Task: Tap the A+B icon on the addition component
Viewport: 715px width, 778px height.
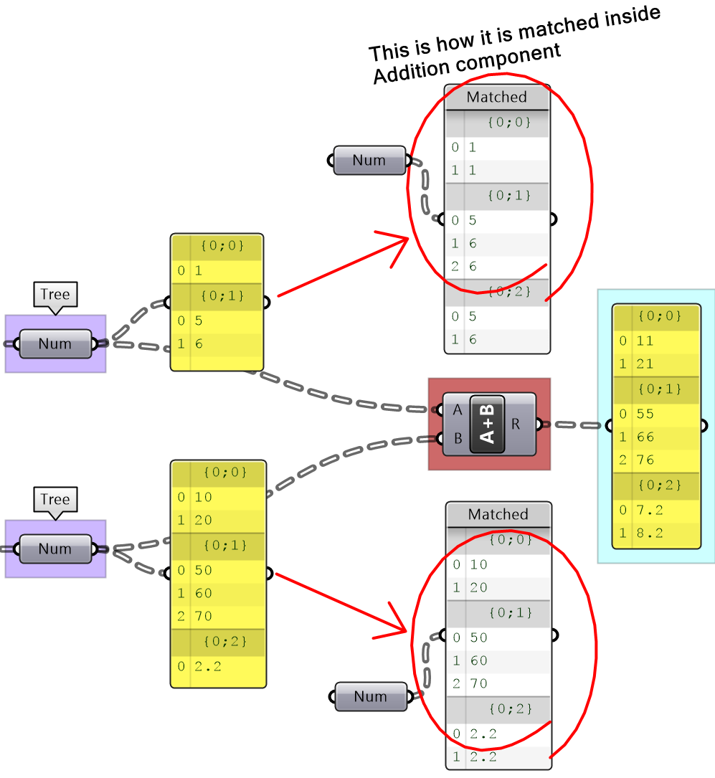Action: (487, 424)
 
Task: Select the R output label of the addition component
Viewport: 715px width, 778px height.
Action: (515, 424)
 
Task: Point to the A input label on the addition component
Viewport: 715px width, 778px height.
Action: (458, 410)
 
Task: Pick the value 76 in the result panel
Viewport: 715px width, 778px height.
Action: (645, 460)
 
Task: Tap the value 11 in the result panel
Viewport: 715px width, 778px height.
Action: (645, 341)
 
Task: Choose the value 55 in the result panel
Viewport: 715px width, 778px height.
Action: (645, 413)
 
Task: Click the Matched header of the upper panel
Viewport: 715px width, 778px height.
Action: (497, 97)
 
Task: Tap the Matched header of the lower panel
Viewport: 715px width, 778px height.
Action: (498, 514)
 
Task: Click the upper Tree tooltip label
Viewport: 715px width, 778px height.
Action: (55, 295)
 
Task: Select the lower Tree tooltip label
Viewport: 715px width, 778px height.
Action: (55, 500)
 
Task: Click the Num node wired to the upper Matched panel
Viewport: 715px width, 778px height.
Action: (369, 161)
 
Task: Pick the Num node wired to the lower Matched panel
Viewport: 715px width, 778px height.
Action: (371, 696)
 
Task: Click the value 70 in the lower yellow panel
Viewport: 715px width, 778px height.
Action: (205, 616)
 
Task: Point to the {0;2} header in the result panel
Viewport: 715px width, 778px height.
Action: (656, 485)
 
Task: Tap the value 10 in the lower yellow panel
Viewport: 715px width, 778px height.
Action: (205, 497)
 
